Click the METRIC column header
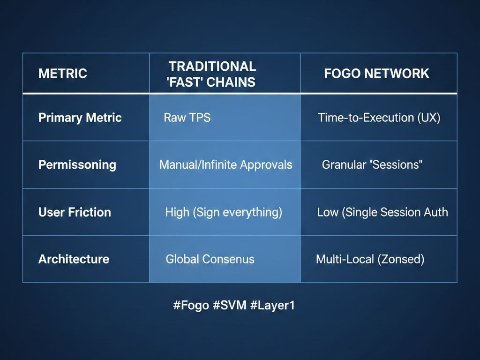click(x=63, y=74)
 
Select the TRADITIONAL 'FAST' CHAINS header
click(x=212, y=74)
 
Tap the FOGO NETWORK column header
click(x=376, y=74)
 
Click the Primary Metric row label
click(x=80, y=118)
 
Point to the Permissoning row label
click(x=77, y=165)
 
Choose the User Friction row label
click(x=75, y=212)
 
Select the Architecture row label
click(x=74, y=259)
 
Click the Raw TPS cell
click(x=187, y=118)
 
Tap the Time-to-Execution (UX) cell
click(x=379, y=118)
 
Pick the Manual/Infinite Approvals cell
click(x=225, y=165)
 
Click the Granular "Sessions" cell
click(x=372, y=165)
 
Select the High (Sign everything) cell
click(x=224, y=212)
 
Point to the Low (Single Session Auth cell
click(x=382, y=212)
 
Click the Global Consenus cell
click(x=210, y=259)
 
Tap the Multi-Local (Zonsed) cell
click(x=370, y=259)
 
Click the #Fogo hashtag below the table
click(x=191, y=305)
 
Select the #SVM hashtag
click(x=230, y=305)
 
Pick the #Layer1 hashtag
click(x=272, y=305)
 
